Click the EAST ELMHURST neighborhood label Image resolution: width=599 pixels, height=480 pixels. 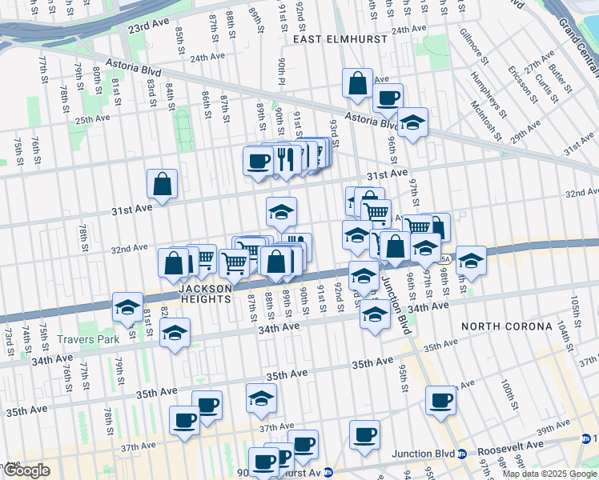pyautogui.click(x=340, y=38)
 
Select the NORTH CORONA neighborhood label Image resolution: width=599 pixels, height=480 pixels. pyautogui.click(x=505, y=326)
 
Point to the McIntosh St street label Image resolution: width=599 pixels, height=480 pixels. pyautogui.click(x=485, y=120)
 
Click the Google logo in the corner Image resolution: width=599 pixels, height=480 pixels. pyautogui.click(x=26, y=470)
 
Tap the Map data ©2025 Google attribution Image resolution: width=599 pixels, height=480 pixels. pyautogui.click(x=549, y=474)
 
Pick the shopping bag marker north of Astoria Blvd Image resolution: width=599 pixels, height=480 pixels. pyautogui.click(x=357, y=83)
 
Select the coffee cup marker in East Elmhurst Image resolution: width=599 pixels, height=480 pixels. pyautogui.click(x=388, y=98)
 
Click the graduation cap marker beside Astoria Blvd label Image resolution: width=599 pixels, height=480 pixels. pyautogui.click(x=412, y=122)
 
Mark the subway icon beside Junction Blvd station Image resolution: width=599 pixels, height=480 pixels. pyautogui.click(x=462, y=454)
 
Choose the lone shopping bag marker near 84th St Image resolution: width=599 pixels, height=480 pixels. pyautogui.click(x=162, y=184)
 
